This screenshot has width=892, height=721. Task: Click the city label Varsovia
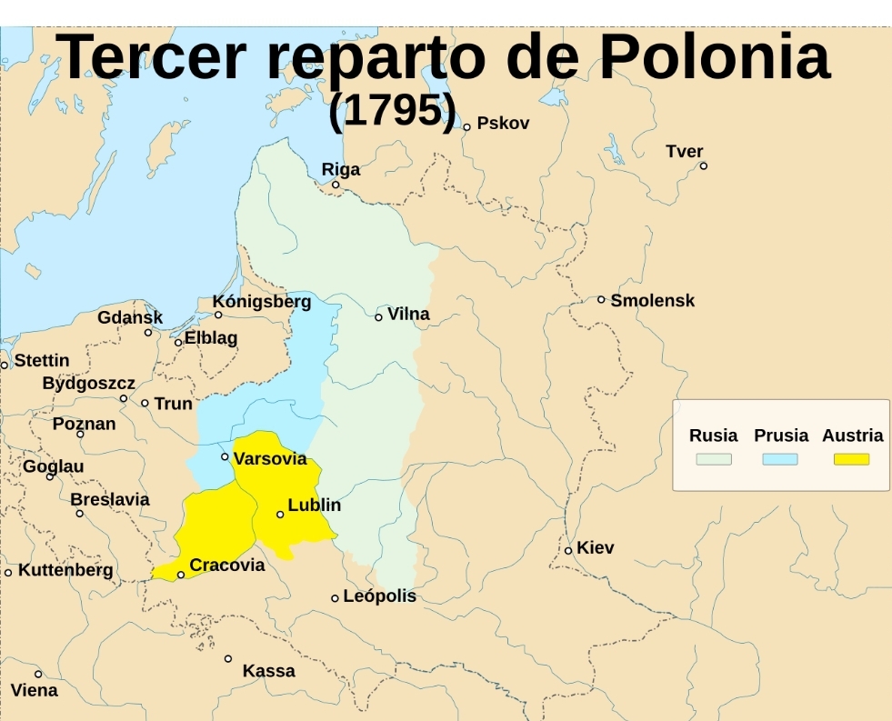tap(270, 458)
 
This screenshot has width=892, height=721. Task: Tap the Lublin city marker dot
tap(280, 515)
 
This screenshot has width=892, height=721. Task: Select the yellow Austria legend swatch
tap(851, 459)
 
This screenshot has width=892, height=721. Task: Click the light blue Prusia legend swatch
tap(780, 459)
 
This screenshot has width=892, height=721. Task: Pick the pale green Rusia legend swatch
tap(714, 459)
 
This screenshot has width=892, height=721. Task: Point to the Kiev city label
tap(596, 547)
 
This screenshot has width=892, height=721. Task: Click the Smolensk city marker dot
tap(601, 299)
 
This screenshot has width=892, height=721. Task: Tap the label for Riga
tap(341, 169)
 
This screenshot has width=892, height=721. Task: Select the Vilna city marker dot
tap(378, 317)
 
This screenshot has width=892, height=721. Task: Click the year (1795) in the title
tap(392, 110)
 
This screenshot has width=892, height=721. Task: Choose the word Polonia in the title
tap(714, 56)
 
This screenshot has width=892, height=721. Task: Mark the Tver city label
tap(685, 151)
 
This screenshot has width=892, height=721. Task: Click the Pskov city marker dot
tap(466, 127)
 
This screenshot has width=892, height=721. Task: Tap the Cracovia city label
tap(227, 566)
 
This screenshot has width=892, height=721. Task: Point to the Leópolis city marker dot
tap(335, 598)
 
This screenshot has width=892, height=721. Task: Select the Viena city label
tap(34, 690)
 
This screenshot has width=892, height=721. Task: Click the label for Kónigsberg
tap(262, 301)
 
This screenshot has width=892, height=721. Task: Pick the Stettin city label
tap(42, 360)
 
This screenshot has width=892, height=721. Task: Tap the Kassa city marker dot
tap(228, 658)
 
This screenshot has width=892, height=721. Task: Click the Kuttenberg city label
tap(65, 570)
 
